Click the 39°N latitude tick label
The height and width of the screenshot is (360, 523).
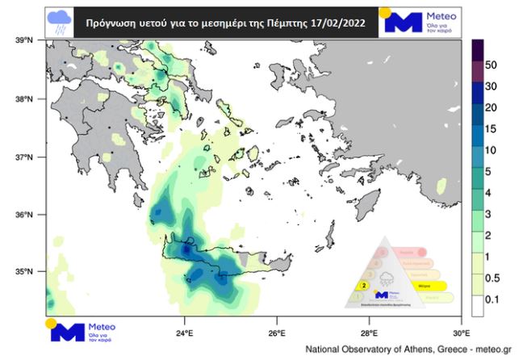22,40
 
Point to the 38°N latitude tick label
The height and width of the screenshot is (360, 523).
22,99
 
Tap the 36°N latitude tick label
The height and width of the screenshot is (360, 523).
22,215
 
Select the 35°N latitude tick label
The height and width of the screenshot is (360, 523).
22,272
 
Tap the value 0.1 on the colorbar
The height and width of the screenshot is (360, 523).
492,299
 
